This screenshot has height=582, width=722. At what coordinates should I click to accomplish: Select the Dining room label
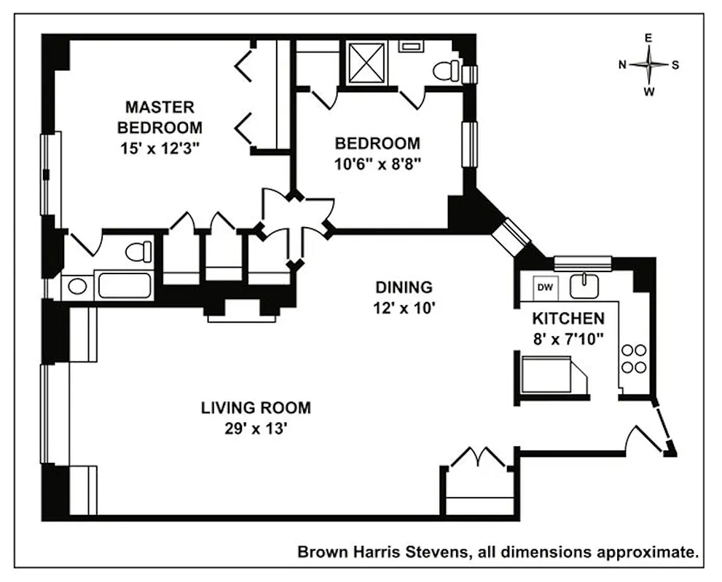click(x=404, y=287)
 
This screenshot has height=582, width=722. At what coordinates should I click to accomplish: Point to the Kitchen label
click(x=568, y=318)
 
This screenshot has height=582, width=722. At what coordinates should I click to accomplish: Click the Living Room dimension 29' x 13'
click(x=256, y=428)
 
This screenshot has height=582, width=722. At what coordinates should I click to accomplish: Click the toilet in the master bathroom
click(x=138, y=252)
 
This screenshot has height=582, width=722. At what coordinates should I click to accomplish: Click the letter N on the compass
click(x=623, y=64)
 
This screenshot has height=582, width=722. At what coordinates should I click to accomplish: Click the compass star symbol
click(x=648, y=64)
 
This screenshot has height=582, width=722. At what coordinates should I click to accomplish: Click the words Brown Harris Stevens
click(x=383, y=552)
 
